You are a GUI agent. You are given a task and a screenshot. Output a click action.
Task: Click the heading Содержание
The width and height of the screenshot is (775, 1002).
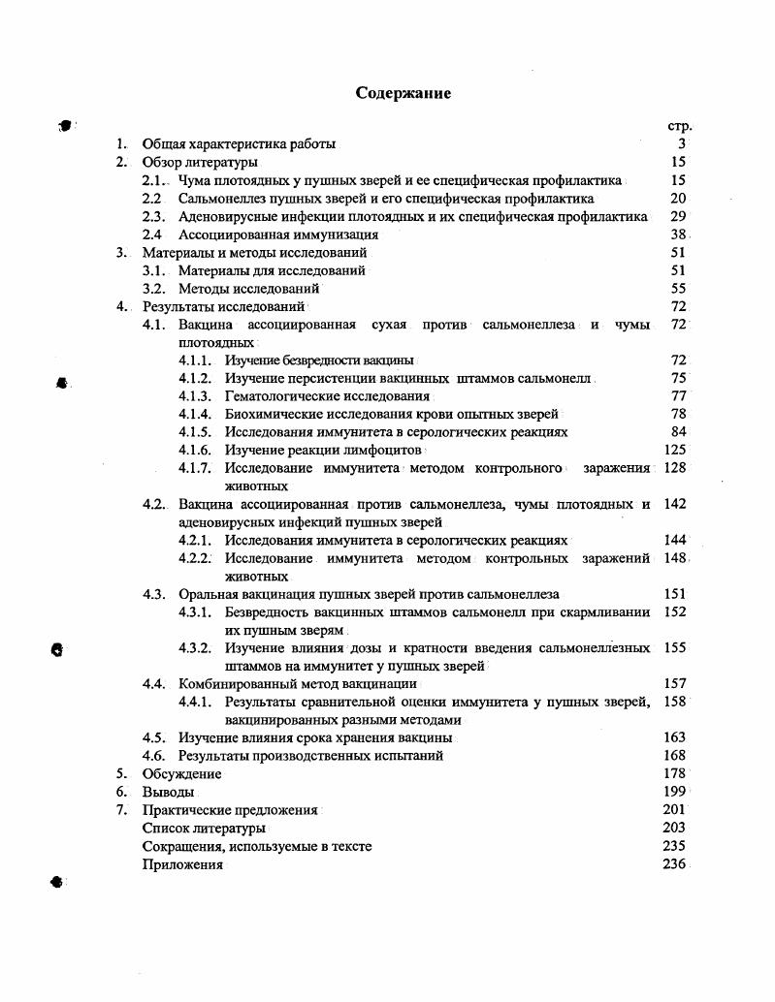(x=404, y=93)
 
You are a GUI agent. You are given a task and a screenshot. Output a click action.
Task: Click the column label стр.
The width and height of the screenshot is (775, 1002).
(x=678, y=126)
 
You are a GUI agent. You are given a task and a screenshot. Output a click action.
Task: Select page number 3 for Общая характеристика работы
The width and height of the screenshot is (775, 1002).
(x=682, y=144)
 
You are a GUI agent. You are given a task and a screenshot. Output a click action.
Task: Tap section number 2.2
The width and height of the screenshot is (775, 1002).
(x=151, y=199)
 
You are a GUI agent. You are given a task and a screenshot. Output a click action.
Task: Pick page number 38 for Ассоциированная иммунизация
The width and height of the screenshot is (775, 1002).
(x=678, y=235)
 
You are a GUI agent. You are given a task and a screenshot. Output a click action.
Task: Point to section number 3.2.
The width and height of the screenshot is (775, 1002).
(x=154, y=289)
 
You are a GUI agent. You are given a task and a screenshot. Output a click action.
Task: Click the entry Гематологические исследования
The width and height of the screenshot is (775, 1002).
(x=327, y=396)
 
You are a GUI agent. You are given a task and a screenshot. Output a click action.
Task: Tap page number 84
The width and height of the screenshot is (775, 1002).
(x=678, y=432)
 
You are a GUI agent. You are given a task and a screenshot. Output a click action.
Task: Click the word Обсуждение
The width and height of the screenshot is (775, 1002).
(x=181, y=774)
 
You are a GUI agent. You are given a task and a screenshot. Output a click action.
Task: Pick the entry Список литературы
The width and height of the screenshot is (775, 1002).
(x=204, y=829)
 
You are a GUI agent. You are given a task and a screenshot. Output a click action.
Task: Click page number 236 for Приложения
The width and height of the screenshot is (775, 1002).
(x=674, y=864)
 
